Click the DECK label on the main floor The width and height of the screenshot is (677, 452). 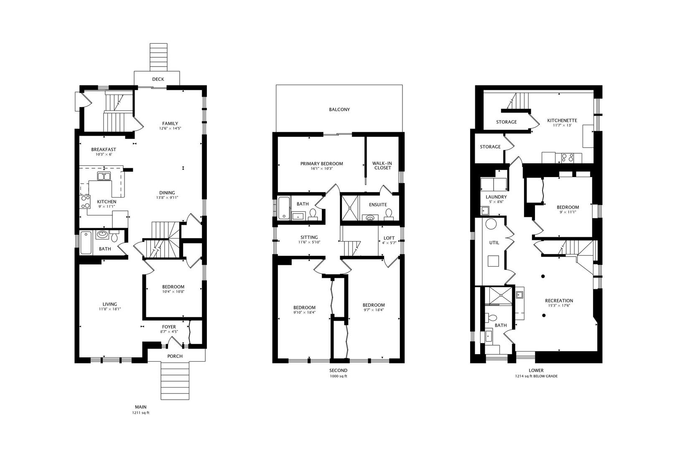pyautogui.click(x=158, y=79)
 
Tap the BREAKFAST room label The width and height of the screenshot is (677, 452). pyautogui.click(x=104, y=149)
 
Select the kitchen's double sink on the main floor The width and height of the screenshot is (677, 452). pyautogui.click(x=104, y=176)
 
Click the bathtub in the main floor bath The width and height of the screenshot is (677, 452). pyautogui.click(x=86, y=242)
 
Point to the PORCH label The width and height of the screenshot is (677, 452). pyautogui.click(x=175, y=356)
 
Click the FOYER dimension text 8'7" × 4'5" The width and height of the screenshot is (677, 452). pyautogui.click(x=169, y=332)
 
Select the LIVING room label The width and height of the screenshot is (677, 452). pyautogui.click(x=110, y=304)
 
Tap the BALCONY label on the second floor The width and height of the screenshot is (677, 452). pyautogui.click(x=339, y=110)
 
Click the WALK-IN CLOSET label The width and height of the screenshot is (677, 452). pyautogui.click(x=382, y=166)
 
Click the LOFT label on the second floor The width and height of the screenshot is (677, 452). pyautogui.click(x=389, y=238)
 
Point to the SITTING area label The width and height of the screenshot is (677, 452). pyautogui.click(x=309, y=237)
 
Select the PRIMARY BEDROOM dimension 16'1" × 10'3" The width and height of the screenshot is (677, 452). pyautogui.click(x=321, y=169)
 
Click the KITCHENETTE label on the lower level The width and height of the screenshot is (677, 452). pyautogui.click(x=562, y=120)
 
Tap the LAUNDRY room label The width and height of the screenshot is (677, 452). pyautogui.click(x=496, y=197)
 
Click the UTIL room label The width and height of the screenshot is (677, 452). pyautogui.click(x=494, y=243)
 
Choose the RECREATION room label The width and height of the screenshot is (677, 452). pyautogui.click(x=559, y=300)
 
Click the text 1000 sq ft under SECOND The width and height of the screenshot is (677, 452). pyautogui.click(x=338, y=376)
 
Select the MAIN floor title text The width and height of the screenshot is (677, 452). pyautogui.click(x=140, y=407)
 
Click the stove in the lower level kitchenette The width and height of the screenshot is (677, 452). pyautogui.click(x=567, y=158)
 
